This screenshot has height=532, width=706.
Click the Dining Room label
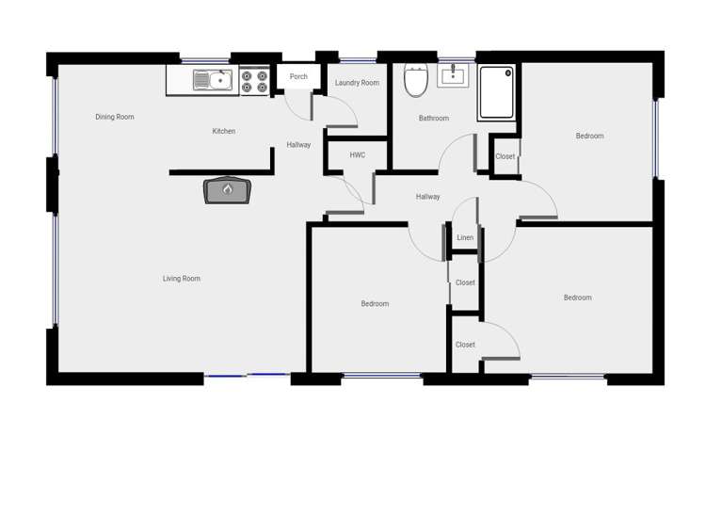pyautogui.click(x=115, y=117)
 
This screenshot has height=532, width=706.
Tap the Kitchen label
pyautogui.click(x=223, y=131)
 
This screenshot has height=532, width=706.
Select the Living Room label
pyautogui.click(x=181, y=279)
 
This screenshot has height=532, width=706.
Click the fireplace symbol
pyautogui.click(x=227, y=190)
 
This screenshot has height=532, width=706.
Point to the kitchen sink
pyautogui.click(x=213, y=81)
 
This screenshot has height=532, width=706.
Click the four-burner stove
pyautogui.click(x=252, y=81)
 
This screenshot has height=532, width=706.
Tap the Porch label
pyautogui.click(x=298, y=77)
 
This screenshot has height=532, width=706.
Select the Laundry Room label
pyautogui.click(x=357, y=83)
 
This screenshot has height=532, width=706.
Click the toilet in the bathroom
pyautogui.click(x=415, y=81)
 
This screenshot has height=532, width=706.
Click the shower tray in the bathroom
pyautogui.click(x=496, y=92)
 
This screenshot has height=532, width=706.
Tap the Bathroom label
pyautogui.click(x=433, y=119)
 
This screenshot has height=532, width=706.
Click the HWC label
pyautogui.click(x=357, y=154)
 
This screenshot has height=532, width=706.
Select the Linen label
pyautogui.click(x=465, y=238)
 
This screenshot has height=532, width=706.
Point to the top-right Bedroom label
pyautogui.click(x=589, y=137)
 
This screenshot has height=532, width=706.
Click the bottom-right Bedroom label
pyautogui.click(x=577, y=298)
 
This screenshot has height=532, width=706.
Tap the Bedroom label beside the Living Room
pyautogui.click(x=375, y=304)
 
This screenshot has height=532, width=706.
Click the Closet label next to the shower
pyautogui.click(x=505, y=156)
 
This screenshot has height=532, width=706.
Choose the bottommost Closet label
pyautogui.click(x=465, y=345)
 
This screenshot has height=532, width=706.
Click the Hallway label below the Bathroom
pyautogui.click(x=427, y=197)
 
